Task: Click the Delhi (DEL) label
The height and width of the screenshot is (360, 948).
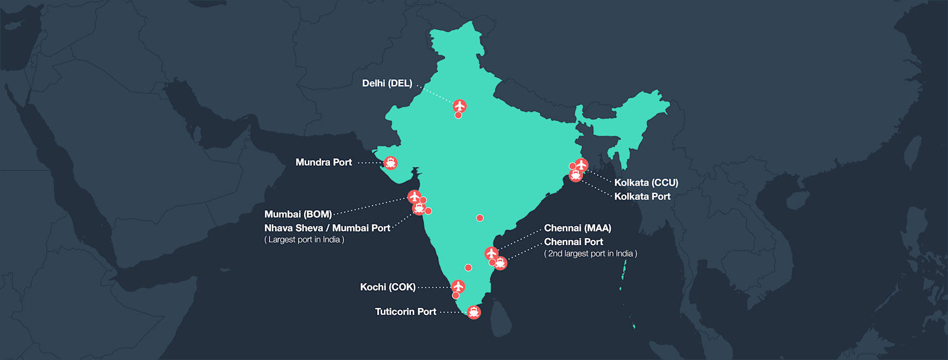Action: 387,83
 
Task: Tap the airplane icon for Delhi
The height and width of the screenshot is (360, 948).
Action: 459,105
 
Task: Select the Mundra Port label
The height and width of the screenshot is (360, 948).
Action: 323,163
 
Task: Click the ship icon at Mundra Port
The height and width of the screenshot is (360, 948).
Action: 391,163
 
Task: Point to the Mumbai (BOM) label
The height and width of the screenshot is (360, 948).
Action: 298,214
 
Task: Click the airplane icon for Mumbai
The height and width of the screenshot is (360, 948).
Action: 414,196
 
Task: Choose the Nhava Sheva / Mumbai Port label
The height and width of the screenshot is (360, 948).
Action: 327,228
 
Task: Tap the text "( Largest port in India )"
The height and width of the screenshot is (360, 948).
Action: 304,240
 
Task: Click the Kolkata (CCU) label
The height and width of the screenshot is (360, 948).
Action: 646,182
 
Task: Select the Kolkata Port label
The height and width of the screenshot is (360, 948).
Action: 642,196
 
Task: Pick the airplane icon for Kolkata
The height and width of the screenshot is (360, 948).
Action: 581,164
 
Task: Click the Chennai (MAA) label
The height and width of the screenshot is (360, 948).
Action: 577,228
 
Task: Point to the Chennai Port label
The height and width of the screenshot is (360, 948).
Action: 573,242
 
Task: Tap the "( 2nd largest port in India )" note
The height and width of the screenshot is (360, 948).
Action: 590,253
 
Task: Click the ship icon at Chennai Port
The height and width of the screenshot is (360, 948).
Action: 500,263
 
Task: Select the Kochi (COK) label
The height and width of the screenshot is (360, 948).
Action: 387,287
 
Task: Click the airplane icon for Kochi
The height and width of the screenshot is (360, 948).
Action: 458,286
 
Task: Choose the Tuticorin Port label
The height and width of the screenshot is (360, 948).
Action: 405,312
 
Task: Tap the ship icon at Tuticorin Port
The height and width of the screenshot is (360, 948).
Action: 473,312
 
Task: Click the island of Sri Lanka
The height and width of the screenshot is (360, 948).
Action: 501,318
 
